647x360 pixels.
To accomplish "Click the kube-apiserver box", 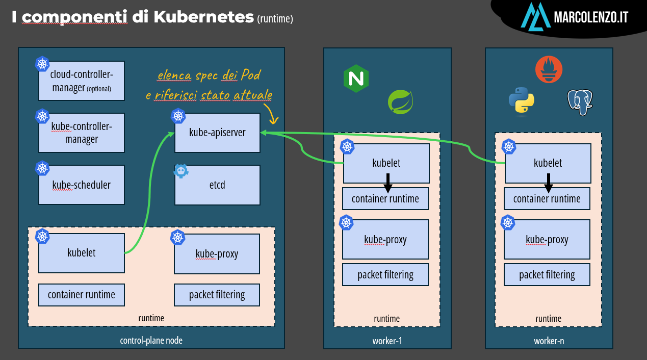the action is [217, 133].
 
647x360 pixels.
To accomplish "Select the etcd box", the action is [217, 185].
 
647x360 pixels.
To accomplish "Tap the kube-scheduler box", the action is [82, 185].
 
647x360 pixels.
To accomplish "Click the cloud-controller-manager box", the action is [82, 81].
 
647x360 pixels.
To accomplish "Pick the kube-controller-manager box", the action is [82, 133].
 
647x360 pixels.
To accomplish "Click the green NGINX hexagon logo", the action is [356, 79].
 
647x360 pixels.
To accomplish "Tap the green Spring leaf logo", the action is [400, 101].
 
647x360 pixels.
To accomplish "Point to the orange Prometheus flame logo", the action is [549, 70].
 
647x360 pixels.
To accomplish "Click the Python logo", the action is [522, 100].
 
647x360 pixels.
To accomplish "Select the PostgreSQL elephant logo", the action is [580, 102].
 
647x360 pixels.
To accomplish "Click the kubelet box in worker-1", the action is [386, 163].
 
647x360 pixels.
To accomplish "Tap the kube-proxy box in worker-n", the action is [547, 240].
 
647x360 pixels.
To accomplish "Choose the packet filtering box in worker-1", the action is [385, 274].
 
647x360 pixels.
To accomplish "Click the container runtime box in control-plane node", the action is [82, 295].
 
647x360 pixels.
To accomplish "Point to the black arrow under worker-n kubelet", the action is [548, 183].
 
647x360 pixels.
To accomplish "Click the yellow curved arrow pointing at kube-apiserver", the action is [272, 114].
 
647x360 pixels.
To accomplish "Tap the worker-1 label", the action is [387, 341].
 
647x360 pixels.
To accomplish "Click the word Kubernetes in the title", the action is [203, 17].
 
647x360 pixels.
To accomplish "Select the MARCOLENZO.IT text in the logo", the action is [591, 17].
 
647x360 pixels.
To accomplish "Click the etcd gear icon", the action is [181, 171].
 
